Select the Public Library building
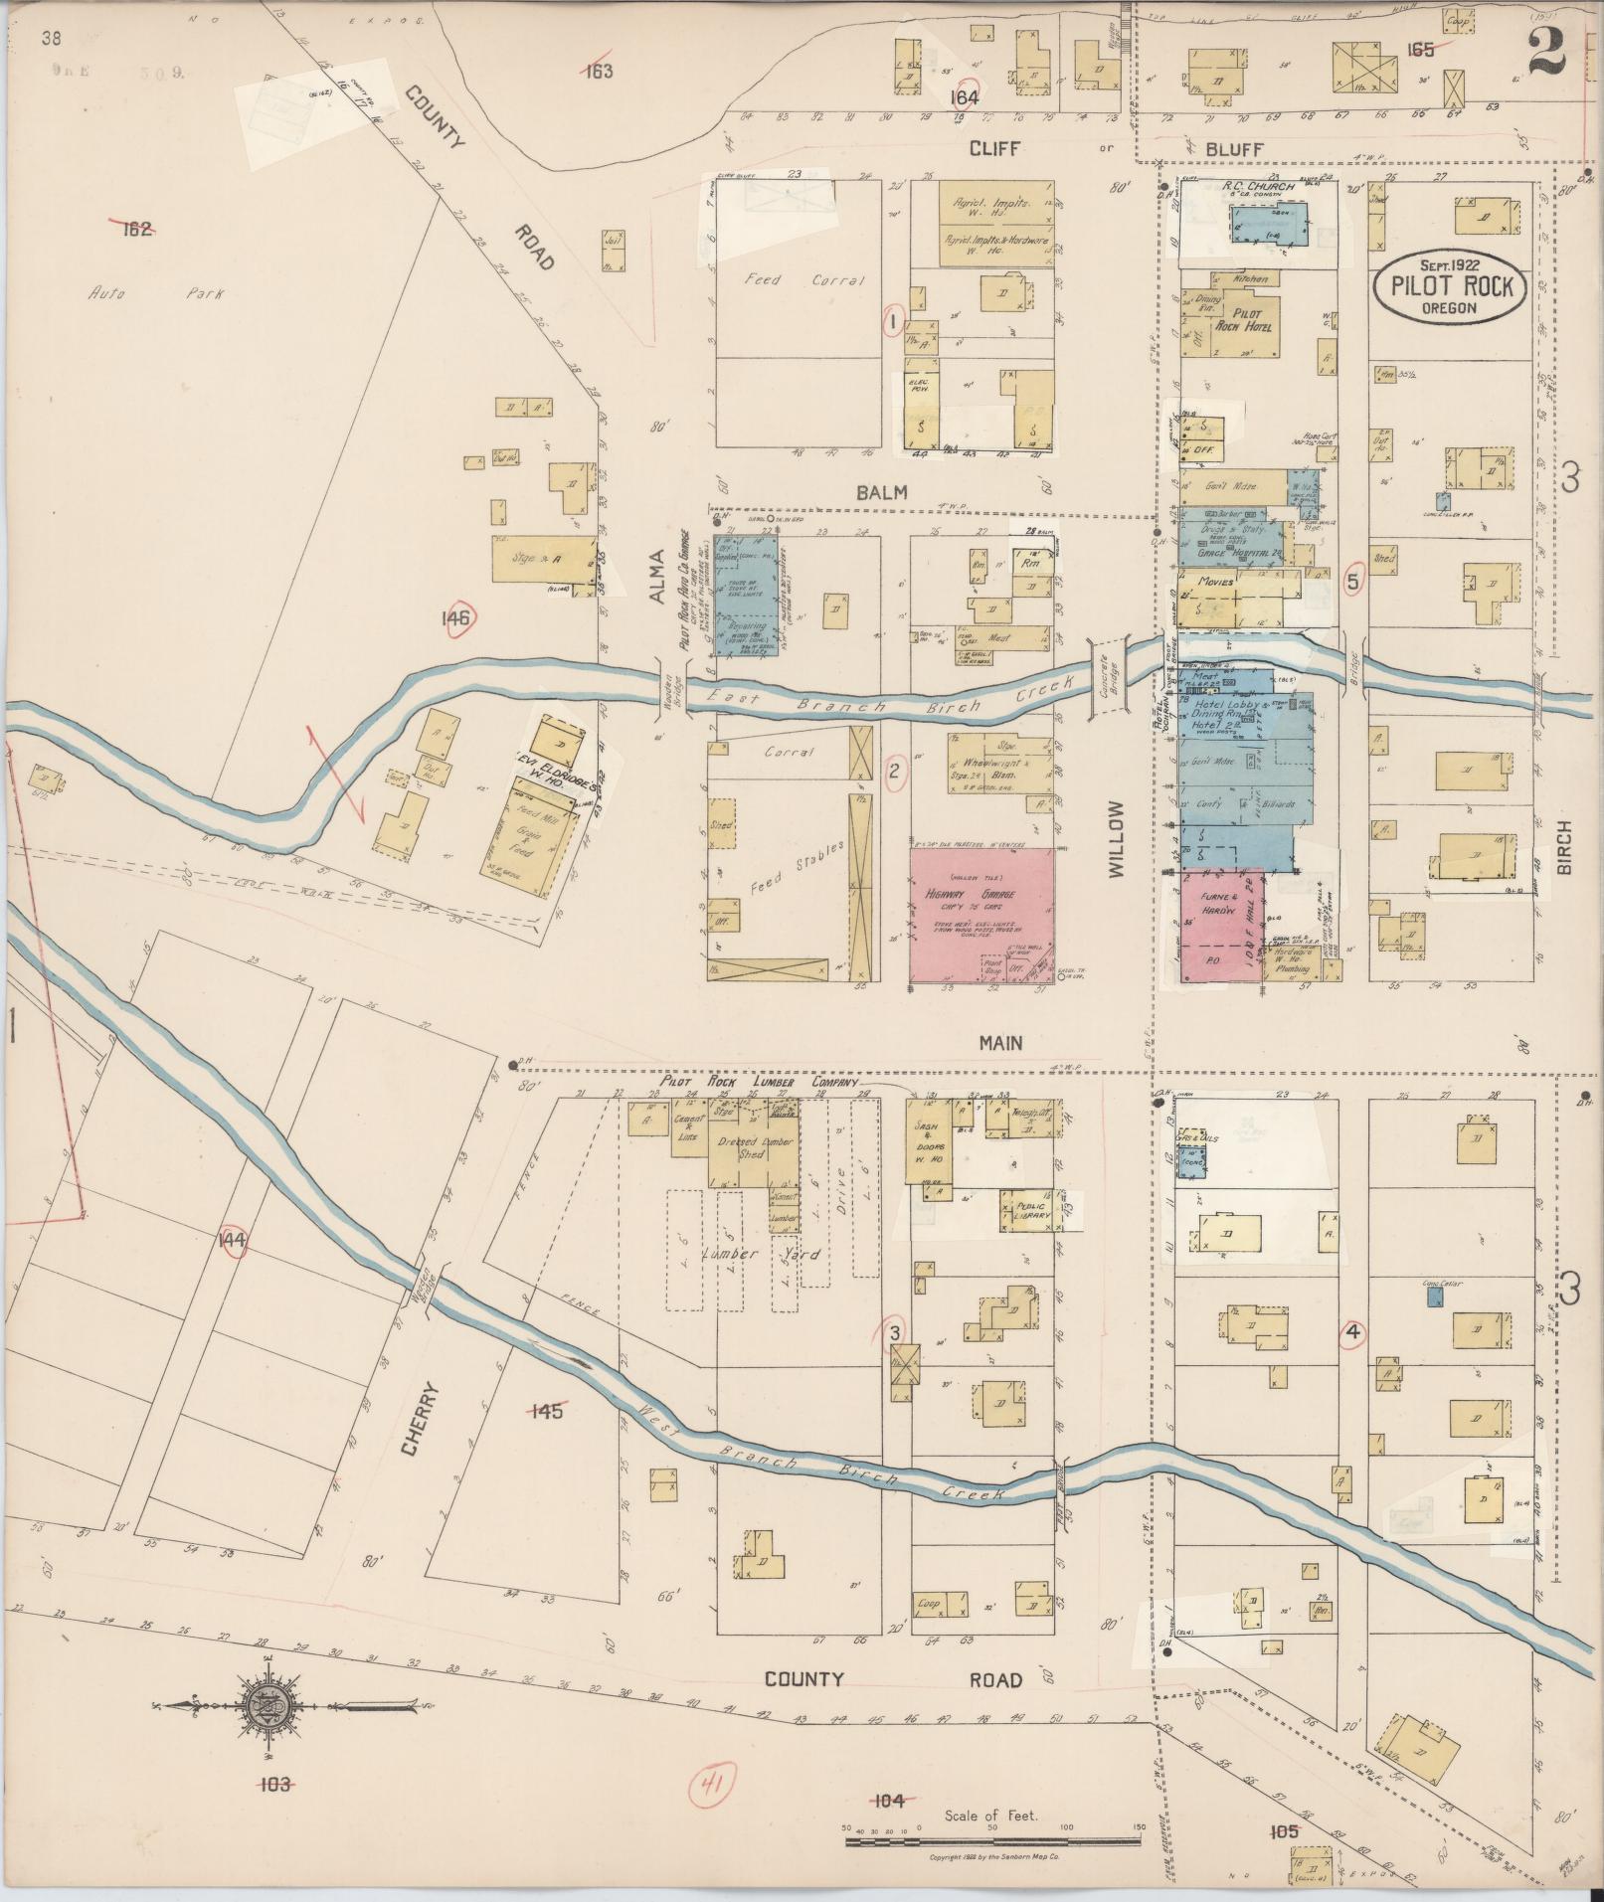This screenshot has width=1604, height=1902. (1026, 1212)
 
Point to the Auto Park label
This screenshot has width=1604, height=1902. (155, 294)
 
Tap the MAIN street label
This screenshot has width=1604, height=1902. (999, 1043)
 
